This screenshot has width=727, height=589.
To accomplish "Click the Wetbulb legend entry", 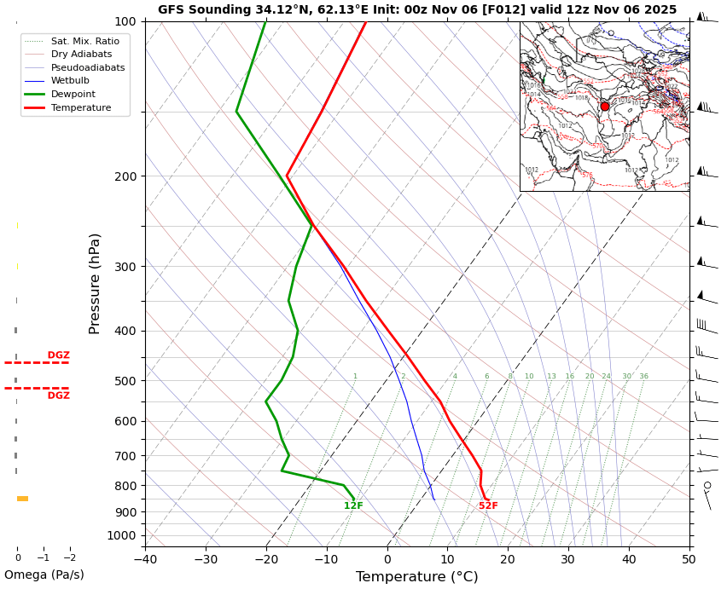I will (70, 81).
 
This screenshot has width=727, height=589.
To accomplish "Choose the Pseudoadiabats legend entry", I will (87, 67).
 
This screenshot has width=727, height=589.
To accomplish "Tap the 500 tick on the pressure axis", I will (125, 381).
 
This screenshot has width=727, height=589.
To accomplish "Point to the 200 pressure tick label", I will (125, 176).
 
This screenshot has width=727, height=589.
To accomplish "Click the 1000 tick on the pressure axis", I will (122, 535).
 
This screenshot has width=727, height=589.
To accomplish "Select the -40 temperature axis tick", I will (145, 560).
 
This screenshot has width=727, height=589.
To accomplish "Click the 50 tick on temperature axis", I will (689, 560).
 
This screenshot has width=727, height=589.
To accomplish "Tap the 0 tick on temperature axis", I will (387, 560).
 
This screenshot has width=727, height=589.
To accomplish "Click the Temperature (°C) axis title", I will (416, 577).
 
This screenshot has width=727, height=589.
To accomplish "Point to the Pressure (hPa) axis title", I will (95, 283).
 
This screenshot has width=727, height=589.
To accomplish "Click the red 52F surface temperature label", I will (488, 506).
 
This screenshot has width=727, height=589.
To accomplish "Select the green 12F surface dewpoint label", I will (353, 506).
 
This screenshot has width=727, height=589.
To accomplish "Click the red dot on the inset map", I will (605, 107).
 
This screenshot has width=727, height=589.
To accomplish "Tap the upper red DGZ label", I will (59, 355).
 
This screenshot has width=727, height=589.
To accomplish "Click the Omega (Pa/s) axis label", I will (44, 575).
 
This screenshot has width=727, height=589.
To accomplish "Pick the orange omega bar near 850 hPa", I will (23, 499).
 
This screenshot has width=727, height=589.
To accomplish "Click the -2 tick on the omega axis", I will (69, 558).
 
